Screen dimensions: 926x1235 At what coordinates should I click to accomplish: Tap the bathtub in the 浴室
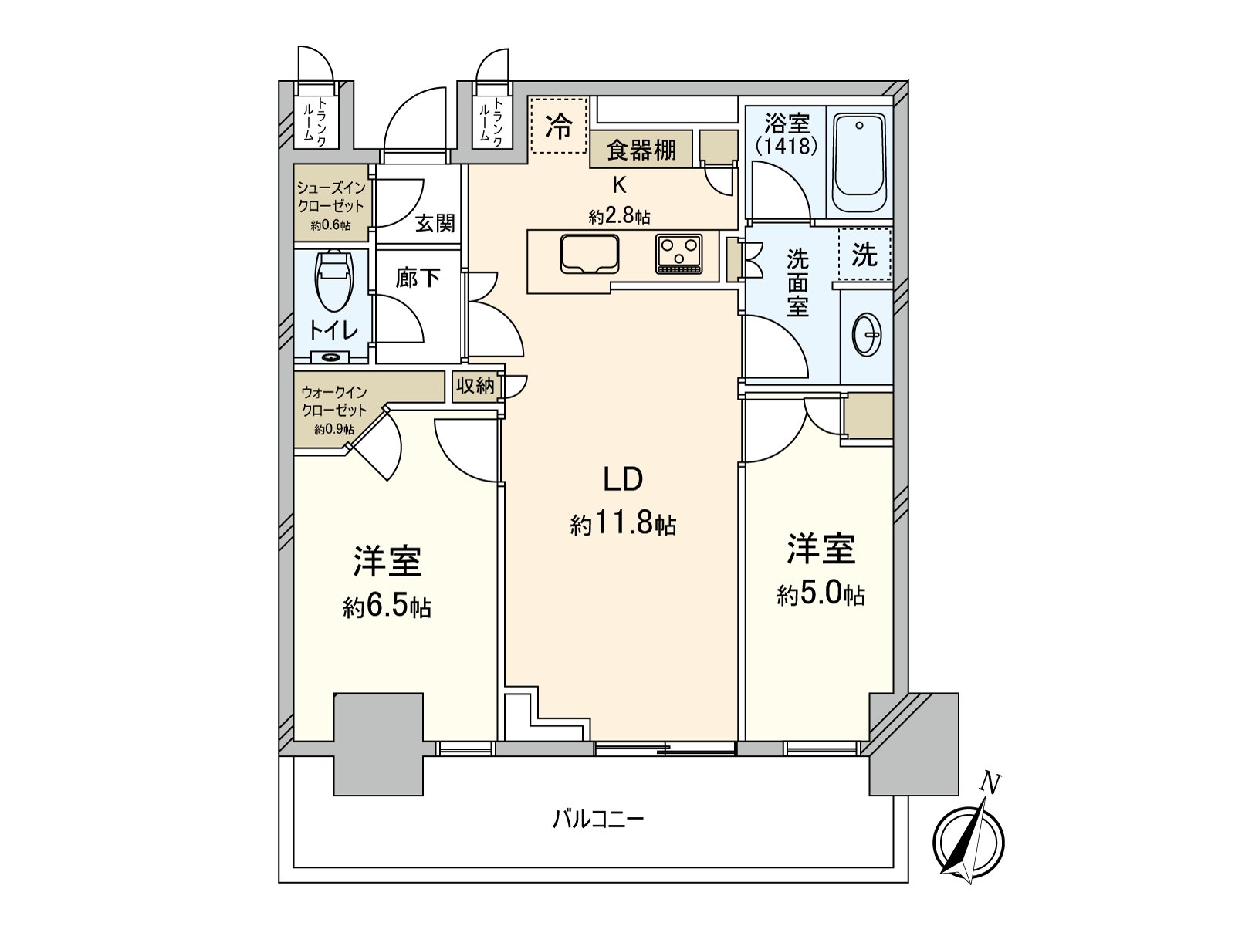[x=859, y=162]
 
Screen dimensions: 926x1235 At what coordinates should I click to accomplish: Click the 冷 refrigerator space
[x=559, y=126]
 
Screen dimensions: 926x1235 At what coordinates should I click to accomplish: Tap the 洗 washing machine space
[x=864, y=255]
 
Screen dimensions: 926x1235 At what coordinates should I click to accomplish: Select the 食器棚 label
[x=641, y=150]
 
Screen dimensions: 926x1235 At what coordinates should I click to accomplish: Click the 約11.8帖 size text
[x=623, y=526]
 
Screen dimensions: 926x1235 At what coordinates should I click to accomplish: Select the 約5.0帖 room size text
[x=821, y=595]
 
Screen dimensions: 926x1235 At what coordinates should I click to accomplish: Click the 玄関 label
[x=435, y=224]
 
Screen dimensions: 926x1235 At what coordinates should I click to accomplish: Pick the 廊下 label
[x=418, y=278]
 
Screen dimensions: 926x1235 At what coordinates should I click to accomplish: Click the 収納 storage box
[x=475, y=386]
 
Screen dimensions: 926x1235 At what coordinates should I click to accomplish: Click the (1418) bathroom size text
[x=786, y=145]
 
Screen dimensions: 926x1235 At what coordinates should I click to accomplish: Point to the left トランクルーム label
[x=315, y=120]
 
